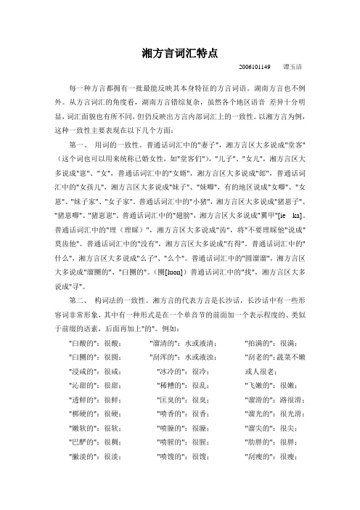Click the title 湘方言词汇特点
click(180, 52)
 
